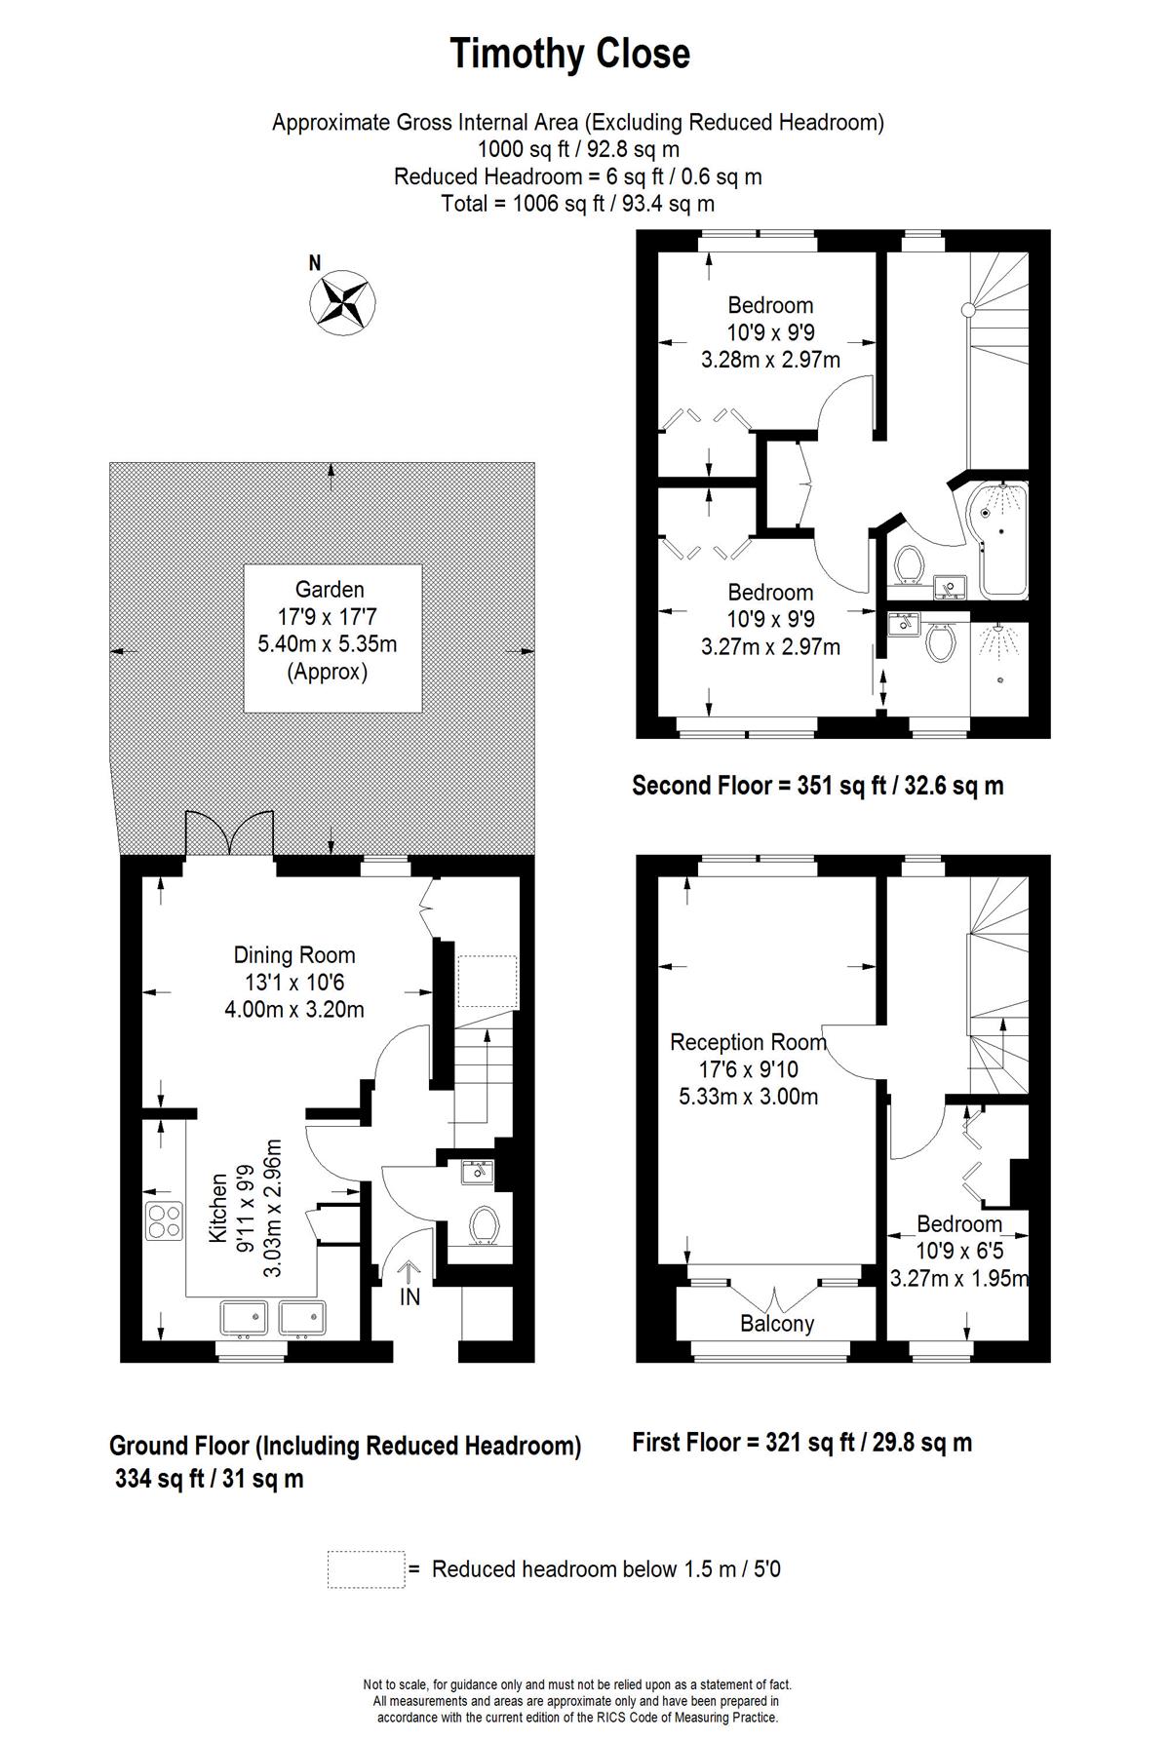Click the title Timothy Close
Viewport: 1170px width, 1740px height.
(x=569, y=54)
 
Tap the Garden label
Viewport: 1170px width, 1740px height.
(x=330, y=590)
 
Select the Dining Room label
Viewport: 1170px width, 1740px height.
(x=294, y=955)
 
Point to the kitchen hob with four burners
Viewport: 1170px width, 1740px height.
(x=164, y=1222)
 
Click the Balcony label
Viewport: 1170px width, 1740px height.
(x=777, y=1324)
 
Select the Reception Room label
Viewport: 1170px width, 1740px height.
(x=748, y=1042)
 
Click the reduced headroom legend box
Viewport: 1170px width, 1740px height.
(x=366, y=1569)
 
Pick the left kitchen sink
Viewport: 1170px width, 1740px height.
(x=244, y=1318)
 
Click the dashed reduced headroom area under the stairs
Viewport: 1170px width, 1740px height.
(x=488, y=982)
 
